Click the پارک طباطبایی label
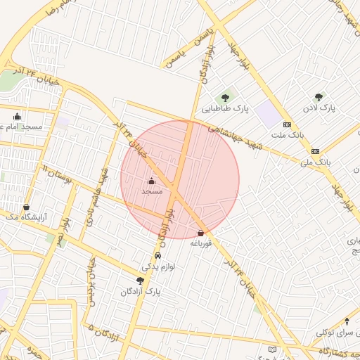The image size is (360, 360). point(226,109)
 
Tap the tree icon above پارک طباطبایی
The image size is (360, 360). point(226,98)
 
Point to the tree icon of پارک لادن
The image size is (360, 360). point(319,97)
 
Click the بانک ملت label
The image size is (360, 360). point(286,134)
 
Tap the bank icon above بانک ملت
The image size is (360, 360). point(286,124)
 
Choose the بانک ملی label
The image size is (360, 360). point(315,162)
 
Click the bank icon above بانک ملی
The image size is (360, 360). point(315,151)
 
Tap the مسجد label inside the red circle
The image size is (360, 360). point(152,191)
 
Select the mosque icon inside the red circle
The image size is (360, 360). point(151,181)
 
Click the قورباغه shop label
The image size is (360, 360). point(201,243)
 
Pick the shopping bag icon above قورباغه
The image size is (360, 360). point(201,233)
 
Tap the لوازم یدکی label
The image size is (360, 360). point(158,266)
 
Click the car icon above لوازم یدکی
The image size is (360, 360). point(157,256)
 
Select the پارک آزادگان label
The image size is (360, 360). point(141,290)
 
